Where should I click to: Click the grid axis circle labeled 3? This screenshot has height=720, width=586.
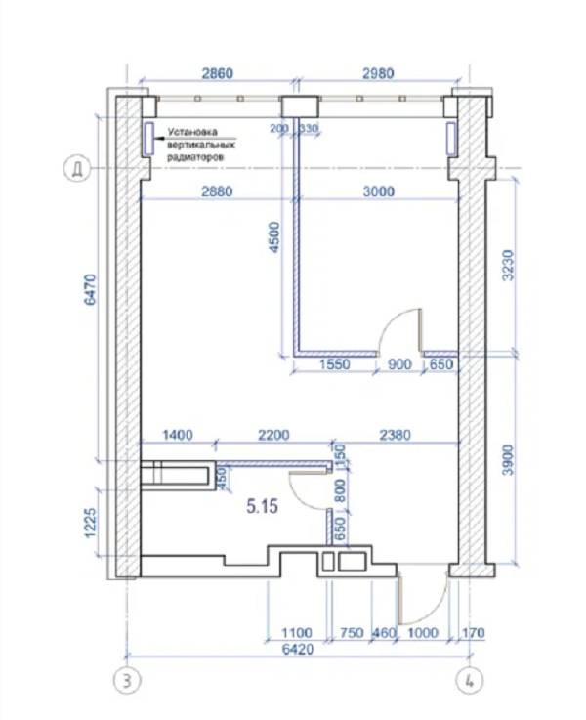tap(127, 680)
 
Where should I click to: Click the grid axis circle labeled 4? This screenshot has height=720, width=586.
tap(469, 680)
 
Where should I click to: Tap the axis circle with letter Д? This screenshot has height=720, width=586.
tap(76, 168)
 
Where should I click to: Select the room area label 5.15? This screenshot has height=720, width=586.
tap(262, 506)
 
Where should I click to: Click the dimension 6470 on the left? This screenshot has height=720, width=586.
tap(91, 289)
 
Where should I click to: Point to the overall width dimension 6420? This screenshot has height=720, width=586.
tap(298, 649)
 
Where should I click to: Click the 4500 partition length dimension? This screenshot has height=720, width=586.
tap(274, 237)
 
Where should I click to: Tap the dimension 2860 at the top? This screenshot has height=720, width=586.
tap(218, 73)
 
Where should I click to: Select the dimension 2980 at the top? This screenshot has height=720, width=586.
tap(378, 73)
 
